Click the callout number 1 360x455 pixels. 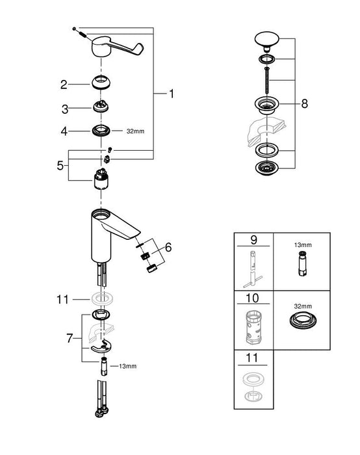172,95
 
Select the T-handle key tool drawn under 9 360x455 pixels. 254,266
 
